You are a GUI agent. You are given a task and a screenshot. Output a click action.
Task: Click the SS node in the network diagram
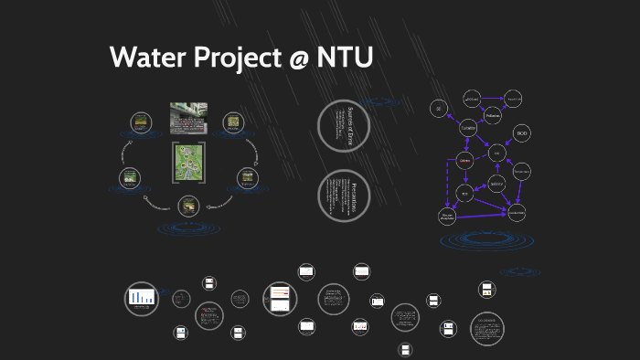(439, 108)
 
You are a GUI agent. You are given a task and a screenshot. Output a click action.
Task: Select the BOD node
(522, 134)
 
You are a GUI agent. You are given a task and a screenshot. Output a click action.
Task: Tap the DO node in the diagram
(497, 154)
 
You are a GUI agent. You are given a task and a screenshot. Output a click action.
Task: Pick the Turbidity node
(468, 129)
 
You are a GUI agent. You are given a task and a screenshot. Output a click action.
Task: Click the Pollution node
(494, 116)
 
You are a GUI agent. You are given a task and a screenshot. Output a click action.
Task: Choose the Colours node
(464, 162)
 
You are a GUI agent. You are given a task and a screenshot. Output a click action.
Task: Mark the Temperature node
(522, 171)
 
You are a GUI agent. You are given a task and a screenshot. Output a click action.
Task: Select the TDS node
(464, 194)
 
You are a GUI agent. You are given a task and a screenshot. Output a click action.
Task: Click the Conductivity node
(517, 212)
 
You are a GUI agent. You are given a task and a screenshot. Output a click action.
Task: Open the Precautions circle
(342, 194)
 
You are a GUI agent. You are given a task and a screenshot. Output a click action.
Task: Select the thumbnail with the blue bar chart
(142, 296)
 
